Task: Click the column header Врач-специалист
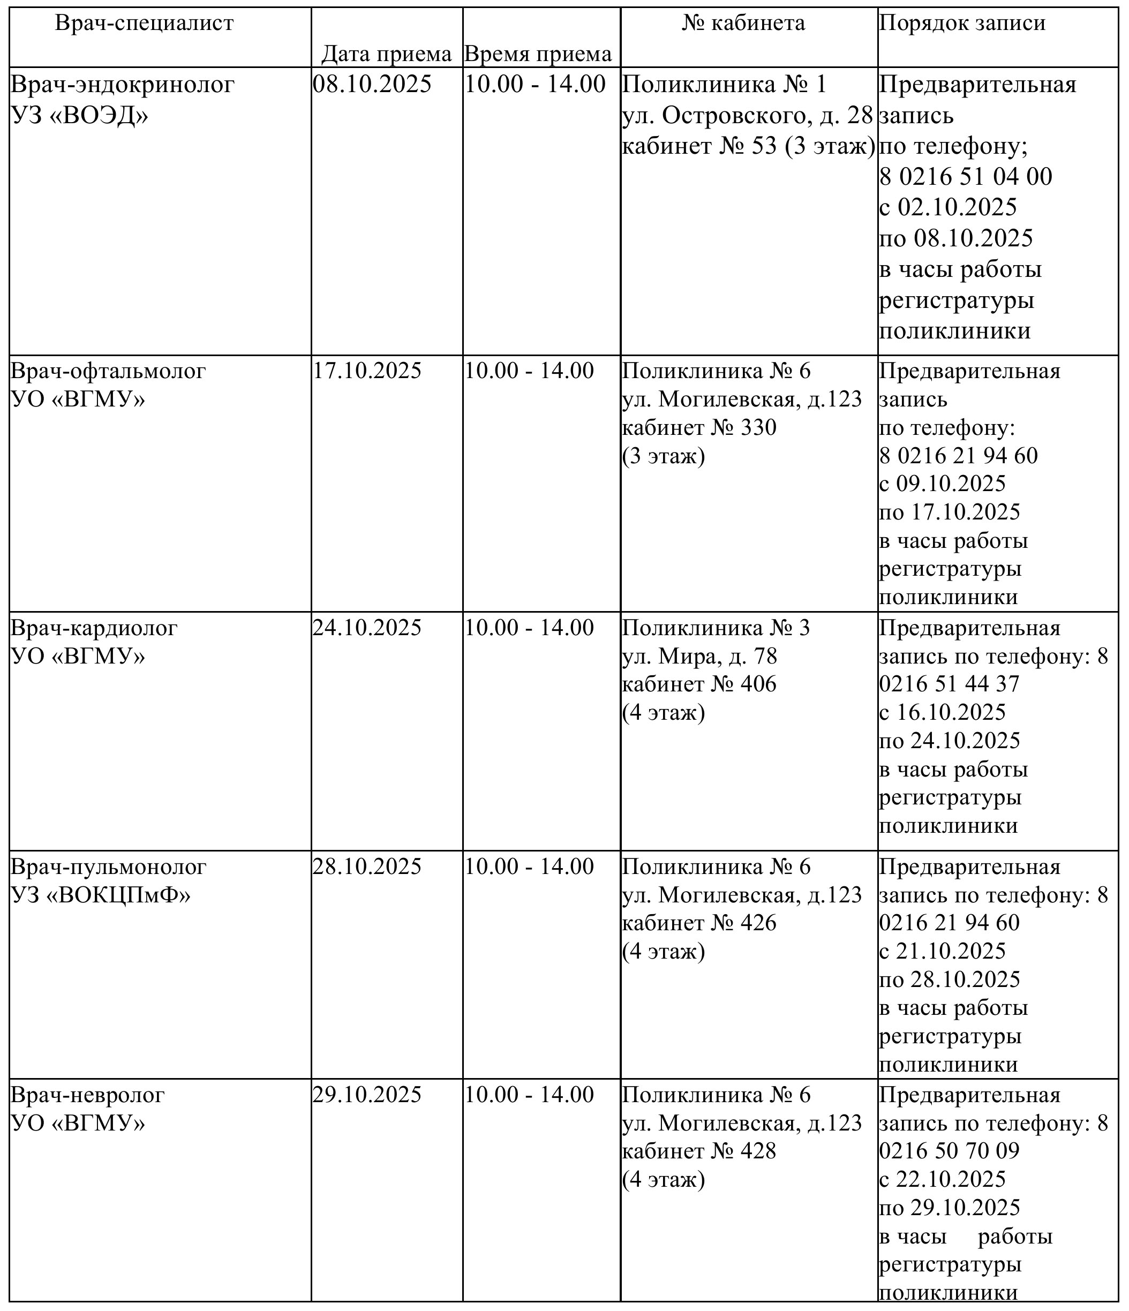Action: click(144, 24)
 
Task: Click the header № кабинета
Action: click(743, 24)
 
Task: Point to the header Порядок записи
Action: click(962, 24)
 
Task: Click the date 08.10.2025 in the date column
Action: click(372, 84)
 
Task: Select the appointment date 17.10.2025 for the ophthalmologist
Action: click(366, 371)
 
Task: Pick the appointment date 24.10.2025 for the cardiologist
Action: click(366, 628)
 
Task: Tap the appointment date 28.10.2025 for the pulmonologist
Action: click(366, 866)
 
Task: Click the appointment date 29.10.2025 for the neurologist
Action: click(366, 1095)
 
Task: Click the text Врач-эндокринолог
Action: click(123, 84)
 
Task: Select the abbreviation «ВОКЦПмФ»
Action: click(118, 895)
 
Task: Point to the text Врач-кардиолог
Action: click(94, 628)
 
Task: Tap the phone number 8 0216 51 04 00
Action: click(966, 177)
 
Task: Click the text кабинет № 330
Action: click(699, 428)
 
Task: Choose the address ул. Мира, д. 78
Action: click(699, 657)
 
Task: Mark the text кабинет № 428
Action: click(699, 1151)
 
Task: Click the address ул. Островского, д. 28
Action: click(747, 115)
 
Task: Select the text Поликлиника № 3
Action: click(716, 628)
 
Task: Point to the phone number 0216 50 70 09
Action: click(949, 1151)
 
